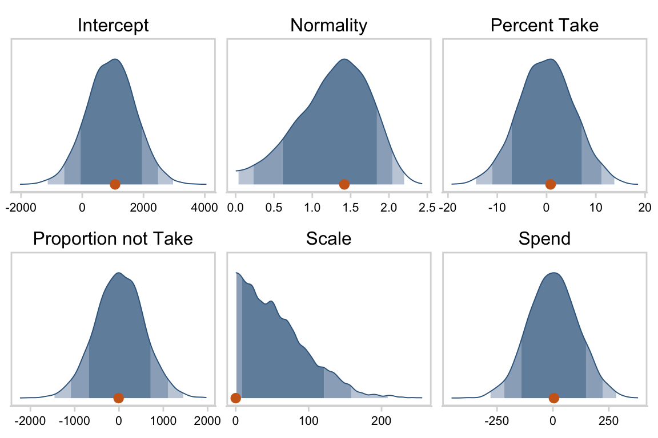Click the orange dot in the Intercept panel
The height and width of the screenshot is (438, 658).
pyautogui.click(x=115, y=184)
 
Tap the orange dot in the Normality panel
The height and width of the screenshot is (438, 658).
pyautogui.click(x=344, y=184)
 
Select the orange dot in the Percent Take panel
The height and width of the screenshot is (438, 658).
pyautogui.click(x=550, y=184)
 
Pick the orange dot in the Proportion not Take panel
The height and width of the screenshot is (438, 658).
pyautogui.click(x=118, y=398)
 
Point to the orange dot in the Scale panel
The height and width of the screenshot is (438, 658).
pyautogui.click(x=235, y=398)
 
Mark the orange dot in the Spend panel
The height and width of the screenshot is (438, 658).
pyautogui.click(x=553, y=398)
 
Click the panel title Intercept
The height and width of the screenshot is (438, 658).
pyautogui.click(x=113, y=26)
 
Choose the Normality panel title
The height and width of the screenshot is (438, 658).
pyautogui.click(x=328, y=26)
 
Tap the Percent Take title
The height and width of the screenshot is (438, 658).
pyautogui.click(x=544, y=26)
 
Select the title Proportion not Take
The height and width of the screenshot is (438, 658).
pyautogui.click(x=113, y=239)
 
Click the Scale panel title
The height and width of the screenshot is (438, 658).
pyautogui.click(x=328, y=239)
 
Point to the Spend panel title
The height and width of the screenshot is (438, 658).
pyautogui.click(x=544, y=239)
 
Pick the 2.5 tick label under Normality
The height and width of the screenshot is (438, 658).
pyautogui.click(x=426, y=207)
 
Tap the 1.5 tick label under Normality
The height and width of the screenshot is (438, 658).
pyautogui.click(x=350, y=207)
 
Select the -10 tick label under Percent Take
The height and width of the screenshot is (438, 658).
pyautogui.click(x=496, y=207)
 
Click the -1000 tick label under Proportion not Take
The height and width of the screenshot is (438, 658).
pyautogui.click(x=73, y=421)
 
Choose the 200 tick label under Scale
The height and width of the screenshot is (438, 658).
pyautogui.click(x=381, y=421)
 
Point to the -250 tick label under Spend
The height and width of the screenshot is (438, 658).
pyautogui.click(x=496, y=421)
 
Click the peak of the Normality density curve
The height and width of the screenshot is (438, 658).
pyautogui.click(x=344, y=59)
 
